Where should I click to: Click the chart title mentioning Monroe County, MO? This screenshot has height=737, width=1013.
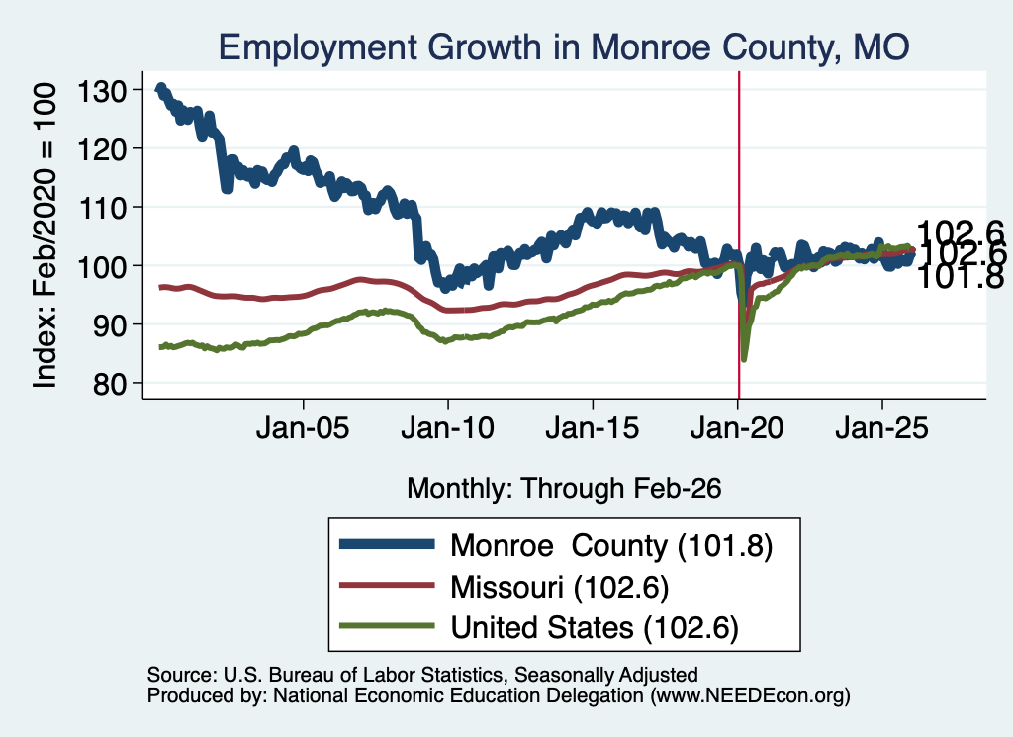click(x=564, y=46)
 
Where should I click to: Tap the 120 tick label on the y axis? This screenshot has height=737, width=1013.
click(x=101, y=149)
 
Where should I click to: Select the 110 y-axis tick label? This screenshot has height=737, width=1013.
click(x=101, y=208)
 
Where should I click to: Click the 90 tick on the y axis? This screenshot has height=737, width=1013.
click(x=109, y=324)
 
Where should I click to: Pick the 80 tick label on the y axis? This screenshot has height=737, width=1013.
click(x=109, y=384)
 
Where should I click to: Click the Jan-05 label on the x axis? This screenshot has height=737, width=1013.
click(x=303, y=428)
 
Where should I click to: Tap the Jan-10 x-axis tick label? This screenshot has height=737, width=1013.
click(x=447, y=428)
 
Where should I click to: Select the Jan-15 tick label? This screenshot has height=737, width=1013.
click(x=593, y=428)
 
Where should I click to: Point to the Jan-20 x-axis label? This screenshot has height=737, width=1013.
click(x=737, y=428)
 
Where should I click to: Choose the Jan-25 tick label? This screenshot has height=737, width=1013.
click(x=881, y=428)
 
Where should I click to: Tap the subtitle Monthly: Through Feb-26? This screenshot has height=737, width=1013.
click(x=564, y=488)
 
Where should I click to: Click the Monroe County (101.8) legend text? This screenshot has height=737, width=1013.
click(x=611, y=546)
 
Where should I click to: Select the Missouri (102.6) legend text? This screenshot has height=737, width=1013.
click(x=560, y=587)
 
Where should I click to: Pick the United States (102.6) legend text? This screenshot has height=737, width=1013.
click(x=595, y=627)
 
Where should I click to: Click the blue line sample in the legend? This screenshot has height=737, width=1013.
click(x=387, y=544)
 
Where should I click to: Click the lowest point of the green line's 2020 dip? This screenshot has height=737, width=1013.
click(x=744, y=359)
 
